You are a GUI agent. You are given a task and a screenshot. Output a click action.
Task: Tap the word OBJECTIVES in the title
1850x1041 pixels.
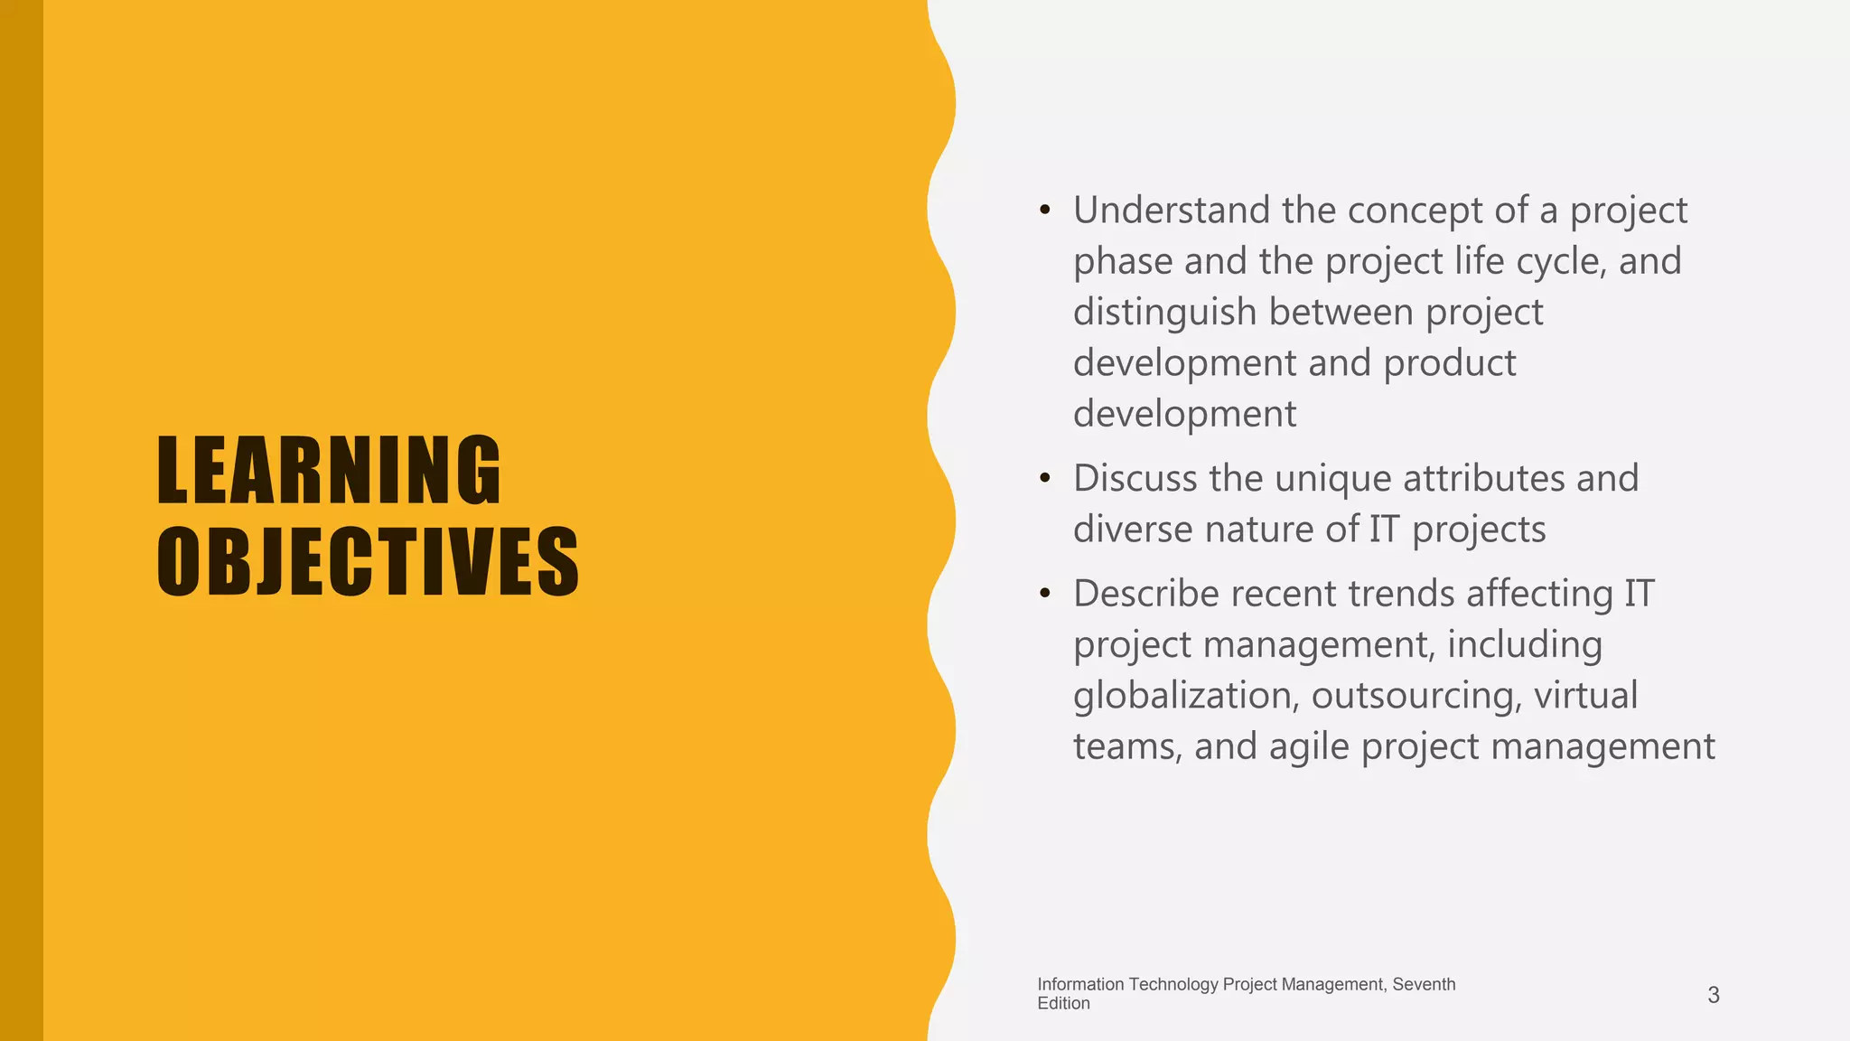click(x=368, y=562)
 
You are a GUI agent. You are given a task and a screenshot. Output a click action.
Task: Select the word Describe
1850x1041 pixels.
click(x=1146, y=594)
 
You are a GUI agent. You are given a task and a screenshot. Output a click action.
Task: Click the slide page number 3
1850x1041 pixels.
click(x=1713, y=995)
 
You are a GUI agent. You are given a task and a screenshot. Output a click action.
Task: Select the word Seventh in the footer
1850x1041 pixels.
click(x=1424, y=984)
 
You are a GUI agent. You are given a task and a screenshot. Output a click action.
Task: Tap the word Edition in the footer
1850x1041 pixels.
click(x=1063, y=1004)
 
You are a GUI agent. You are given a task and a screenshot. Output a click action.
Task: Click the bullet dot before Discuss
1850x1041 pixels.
click(x=1045, y=478)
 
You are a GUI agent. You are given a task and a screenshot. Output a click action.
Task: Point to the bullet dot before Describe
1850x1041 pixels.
click(x=1045, y=594)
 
